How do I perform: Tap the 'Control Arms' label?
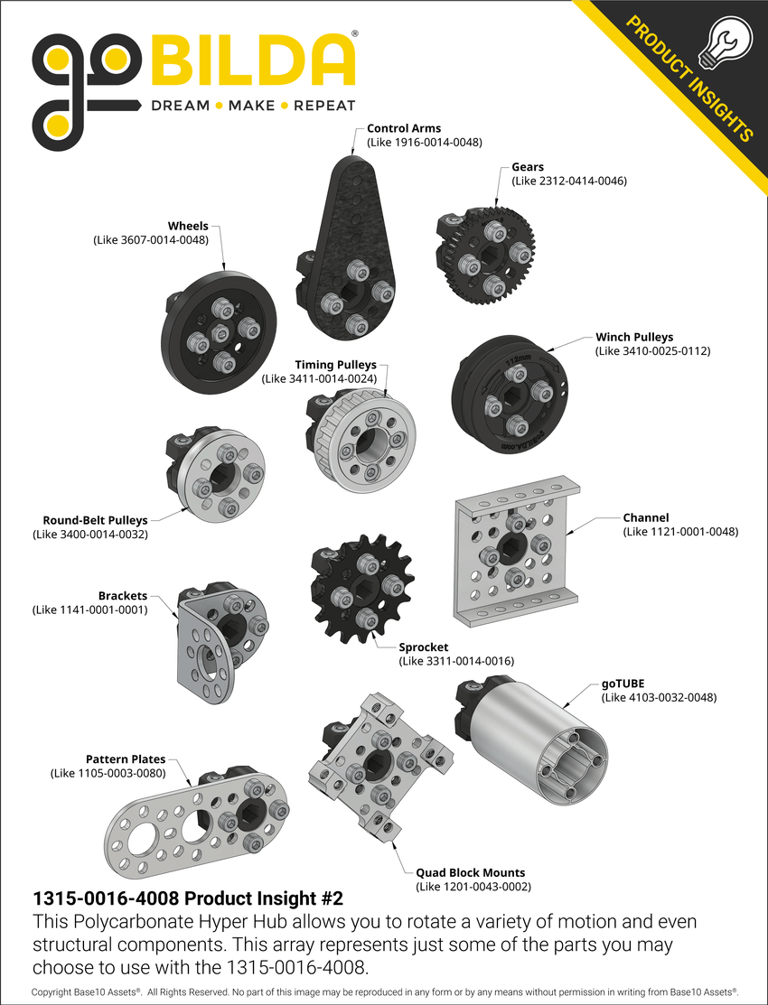tap(404, 128)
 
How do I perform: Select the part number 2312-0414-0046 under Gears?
tap(569, 181)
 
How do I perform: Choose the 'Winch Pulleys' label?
tap(633, 337)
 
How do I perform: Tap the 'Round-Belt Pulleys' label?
tap(95, 520)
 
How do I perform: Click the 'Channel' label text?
tap(645, 517)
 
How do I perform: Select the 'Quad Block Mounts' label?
tap(470, 872)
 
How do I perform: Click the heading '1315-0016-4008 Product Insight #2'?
tap(188, 899)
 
